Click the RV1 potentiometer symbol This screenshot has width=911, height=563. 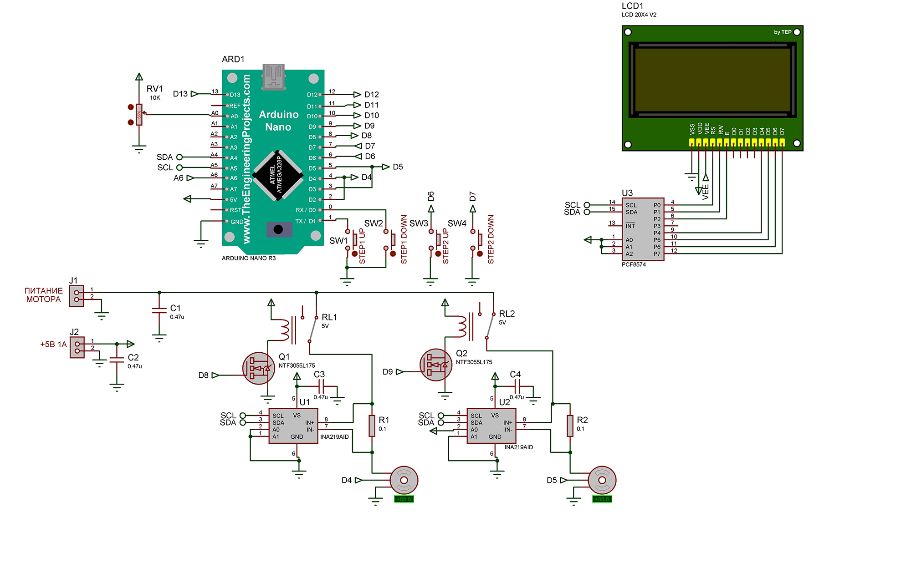coord(139,115)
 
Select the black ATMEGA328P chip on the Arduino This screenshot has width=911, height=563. coord(278,175)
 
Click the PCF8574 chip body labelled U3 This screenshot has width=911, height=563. coord(643,229)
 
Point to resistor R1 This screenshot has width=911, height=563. coord(372,426)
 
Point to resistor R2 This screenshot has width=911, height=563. coord(570,426)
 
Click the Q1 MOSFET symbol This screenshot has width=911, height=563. coord(258,368)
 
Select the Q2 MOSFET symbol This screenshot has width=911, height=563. coord(435,365)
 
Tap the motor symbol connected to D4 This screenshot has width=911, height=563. coord(404,480)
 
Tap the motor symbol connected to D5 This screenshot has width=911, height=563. coord(602,480)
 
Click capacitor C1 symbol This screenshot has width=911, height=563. coord(159,310)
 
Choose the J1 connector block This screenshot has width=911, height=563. coord(77,296)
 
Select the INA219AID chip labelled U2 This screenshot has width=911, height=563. coord(491,426)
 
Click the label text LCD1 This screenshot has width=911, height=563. coord(632,6)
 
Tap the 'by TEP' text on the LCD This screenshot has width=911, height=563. coord(782,32)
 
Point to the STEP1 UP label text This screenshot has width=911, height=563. coord(362,246)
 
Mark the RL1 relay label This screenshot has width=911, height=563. coord(329,317)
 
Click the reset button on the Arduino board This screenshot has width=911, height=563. coord(278,229)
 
